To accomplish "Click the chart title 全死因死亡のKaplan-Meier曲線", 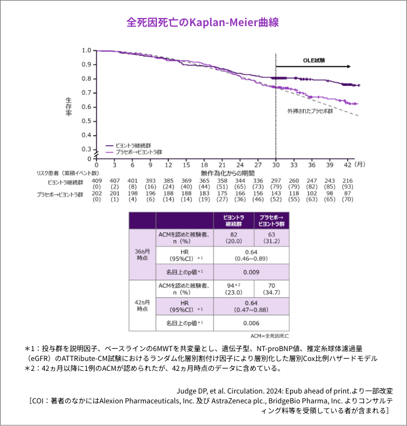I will (x=203, y=23).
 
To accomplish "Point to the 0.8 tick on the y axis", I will (x=86, y=78).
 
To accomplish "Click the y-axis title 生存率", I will (x=68, y=106).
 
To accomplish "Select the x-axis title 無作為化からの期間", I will (x=227, y=173).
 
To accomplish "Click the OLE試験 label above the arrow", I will (x=313, y=60).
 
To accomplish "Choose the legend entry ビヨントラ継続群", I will (x=132, y=145).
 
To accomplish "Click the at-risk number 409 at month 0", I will (x=97, y=180).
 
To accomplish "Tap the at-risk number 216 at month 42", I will (x=348, y=180).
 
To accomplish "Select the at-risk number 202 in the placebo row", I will (x=97, y=193).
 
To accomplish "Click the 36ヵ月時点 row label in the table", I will (x=142, y=255).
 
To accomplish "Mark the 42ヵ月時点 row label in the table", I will (x=142, y=306).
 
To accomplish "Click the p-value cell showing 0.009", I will (x=251, y=272).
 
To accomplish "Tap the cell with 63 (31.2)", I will (x=270, y=237).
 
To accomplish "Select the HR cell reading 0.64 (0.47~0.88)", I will (x=251, y=306).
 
